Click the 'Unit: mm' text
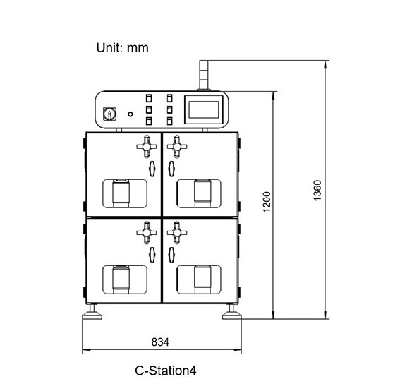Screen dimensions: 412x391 [x=123, y=48]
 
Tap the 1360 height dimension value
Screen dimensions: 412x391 [x=317, y=191]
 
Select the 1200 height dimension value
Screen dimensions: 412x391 [x=267, y=202]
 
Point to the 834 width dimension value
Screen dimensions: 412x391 [x=160, y=342]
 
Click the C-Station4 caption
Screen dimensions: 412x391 [x=166, y=371]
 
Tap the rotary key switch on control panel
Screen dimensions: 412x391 [x=109, y=114]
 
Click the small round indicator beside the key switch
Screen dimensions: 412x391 [x=131, y=114]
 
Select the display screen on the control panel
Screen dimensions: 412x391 [x=204, y=109]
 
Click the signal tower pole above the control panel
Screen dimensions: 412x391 [x=204, y=76]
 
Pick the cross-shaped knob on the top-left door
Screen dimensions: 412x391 [x=147, y=147]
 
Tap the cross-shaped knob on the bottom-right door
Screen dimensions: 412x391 [x=177, y=233]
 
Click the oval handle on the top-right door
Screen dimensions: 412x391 [x=171, y=169]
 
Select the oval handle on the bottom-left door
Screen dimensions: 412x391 [x=152, y=255]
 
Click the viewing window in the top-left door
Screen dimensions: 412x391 [x=125, y=194]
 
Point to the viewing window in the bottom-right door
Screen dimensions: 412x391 [x=199, y=279]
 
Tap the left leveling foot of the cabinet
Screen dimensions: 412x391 [x=92, y=313]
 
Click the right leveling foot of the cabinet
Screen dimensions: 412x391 [x=231, y=313]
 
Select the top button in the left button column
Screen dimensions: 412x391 [x=149, y=98]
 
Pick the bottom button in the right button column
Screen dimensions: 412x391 [x=170, y=121]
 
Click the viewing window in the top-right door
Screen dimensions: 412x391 [x=199, y=194]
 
